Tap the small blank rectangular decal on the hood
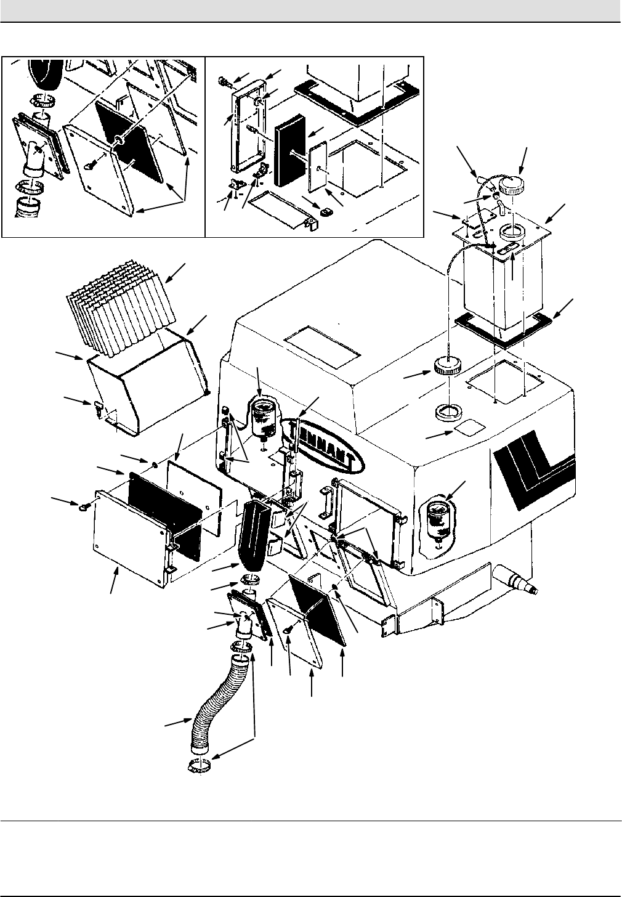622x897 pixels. point(468,428)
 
